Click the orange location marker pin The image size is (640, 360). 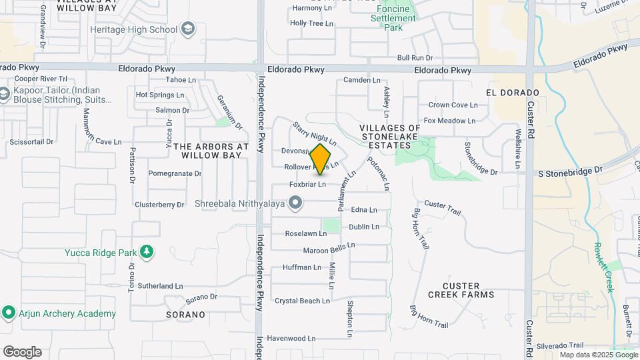pos(321,159)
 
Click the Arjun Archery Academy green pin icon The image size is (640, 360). pos(9,313)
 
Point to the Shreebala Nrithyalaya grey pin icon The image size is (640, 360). pos(297,203)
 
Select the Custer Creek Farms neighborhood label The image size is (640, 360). pos(461,290)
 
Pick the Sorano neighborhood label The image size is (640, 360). pos(185,314)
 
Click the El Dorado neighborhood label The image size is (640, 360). pos(512,92)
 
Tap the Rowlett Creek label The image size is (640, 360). pos(604,266)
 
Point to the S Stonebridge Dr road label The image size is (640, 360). pos(571,171)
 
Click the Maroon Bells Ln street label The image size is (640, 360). pos(329,249)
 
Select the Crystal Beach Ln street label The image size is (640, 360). pos(302,301)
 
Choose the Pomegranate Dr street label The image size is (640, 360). pos(175,173)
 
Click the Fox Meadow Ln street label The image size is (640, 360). pos(449,121)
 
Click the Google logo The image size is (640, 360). pos(22,352)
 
